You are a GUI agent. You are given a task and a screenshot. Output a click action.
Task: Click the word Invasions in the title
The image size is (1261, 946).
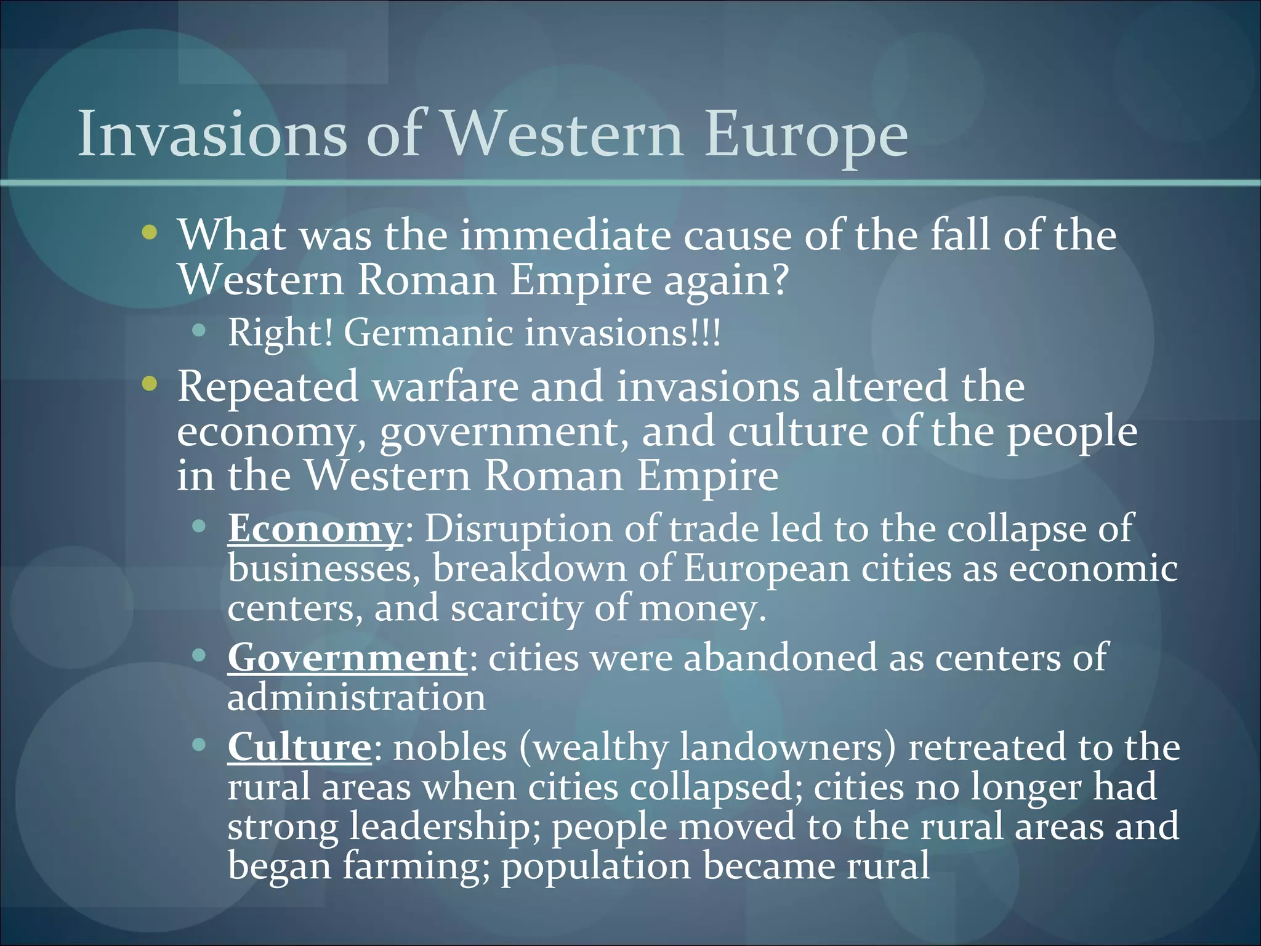click(x=212, y=134)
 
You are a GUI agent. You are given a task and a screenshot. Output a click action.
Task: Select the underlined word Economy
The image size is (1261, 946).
click(x=315, y=528)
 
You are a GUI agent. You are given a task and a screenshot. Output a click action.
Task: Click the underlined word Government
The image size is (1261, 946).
click(x=347, y=657)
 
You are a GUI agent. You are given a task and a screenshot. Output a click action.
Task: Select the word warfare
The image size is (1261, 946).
click(x=446, y=387)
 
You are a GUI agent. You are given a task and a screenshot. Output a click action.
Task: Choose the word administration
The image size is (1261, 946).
click(x=357, y=698)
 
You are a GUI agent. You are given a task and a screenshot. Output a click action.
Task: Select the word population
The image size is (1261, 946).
click(x=595, y=867)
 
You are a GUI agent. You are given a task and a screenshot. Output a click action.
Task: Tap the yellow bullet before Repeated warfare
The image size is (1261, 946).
click(x=149, y=384)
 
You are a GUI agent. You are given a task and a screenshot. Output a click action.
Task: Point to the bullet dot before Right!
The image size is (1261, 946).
click(x=198, y=331)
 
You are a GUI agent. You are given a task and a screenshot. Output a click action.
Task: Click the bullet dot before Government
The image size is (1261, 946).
click(x=198, y=655)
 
